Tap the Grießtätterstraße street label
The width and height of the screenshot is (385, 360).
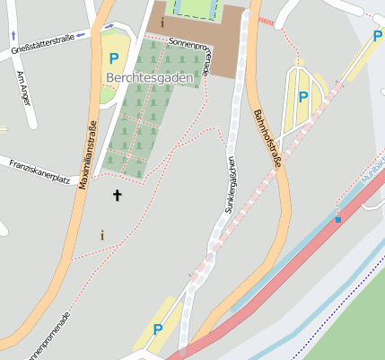tap(42, 42)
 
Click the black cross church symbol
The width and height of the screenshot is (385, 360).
tap(116, 195)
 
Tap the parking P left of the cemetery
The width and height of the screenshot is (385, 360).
tap(113, 58)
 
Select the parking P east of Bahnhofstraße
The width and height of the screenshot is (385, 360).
tap(302, 96)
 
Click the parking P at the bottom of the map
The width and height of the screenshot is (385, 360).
tap(158, 329)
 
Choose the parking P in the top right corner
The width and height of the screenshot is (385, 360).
tap(378, 36)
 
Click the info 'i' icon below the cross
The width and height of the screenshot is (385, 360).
tap(101, 235)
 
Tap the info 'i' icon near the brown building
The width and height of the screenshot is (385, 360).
tap(162, 22)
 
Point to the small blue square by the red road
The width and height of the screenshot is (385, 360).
tap(337, 219)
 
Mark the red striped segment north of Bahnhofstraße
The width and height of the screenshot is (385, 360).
tap(267, 20)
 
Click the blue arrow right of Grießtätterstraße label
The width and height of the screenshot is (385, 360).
tap(82, 36)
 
